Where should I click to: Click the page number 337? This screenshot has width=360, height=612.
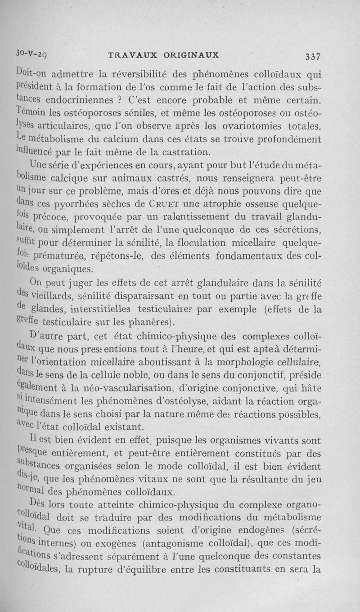[x=312, y=57]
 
